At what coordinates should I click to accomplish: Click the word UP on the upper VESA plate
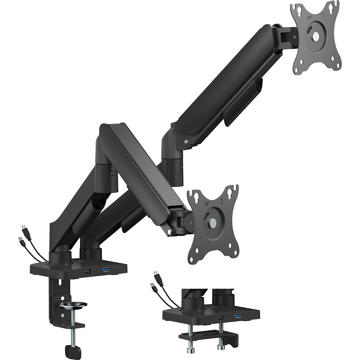(309, 17)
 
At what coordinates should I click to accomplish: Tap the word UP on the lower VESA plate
(207, 204)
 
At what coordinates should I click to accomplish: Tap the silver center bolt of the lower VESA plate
(213, 224)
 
